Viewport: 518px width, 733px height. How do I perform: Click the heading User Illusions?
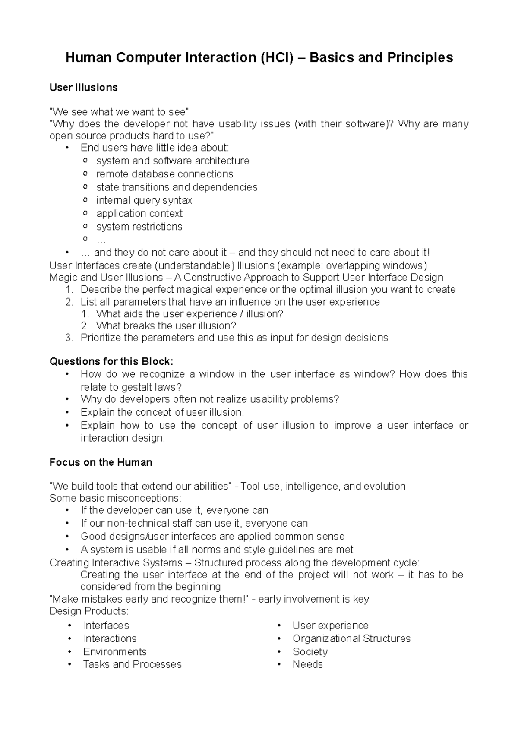tap(83, 88)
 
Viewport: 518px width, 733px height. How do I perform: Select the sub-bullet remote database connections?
tap(164, 174)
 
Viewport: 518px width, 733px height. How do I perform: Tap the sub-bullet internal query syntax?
tap(144, 200)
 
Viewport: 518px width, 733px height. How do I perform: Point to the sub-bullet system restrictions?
tap(139, 227)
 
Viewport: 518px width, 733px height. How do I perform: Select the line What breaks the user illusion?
tap(166, 325)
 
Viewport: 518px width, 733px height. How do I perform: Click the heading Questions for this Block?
tap(111, 361)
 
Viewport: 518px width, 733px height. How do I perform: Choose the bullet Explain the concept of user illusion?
tap(162, 412)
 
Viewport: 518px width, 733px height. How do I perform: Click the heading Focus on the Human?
tap(101, 462)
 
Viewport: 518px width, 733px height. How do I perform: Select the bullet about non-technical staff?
tap(194, 524)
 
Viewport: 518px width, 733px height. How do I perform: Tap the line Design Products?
tap(89, 611)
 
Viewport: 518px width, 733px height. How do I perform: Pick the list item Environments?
tap(115, 651)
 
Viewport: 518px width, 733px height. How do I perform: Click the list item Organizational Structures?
tap(351, 638)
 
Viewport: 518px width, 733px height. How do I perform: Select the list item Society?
tap(310, 651)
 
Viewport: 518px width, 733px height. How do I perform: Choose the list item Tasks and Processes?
tap(132, 664)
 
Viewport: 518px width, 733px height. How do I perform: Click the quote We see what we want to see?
tap(119, 112)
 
